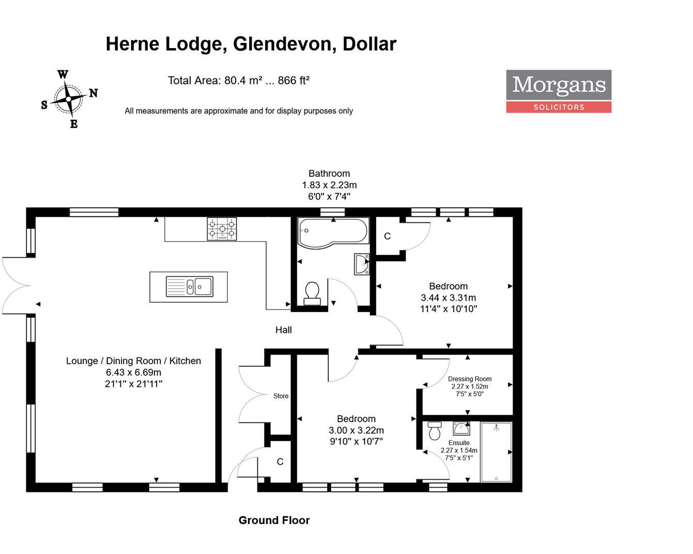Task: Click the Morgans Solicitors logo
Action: pos(558,91)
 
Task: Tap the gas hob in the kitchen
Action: pos(222,229)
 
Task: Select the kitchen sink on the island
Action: pos(189,286)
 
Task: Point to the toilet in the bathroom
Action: pos(312,293)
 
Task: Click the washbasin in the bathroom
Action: pos(362,264)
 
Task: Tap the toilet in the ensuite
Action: pos(435,430)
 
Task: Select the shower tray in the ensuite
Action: pos(496,452)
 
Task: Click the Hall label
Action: pos(283,330)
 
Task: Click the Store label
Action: pos(281,396)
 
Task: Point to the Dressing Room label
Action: pos(469,379)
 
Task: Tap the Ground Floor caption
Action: pos(274,520)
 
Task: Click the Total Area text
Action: pos(238,81)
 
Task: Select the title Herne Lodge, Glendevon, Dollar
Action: pos(251,44)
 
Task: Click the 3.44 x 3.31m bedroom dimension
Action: pos(448,298)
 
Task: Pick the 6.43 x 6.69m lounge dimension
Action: pos(133,372)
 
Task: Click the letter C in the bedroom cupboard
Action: pos(387,236)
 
